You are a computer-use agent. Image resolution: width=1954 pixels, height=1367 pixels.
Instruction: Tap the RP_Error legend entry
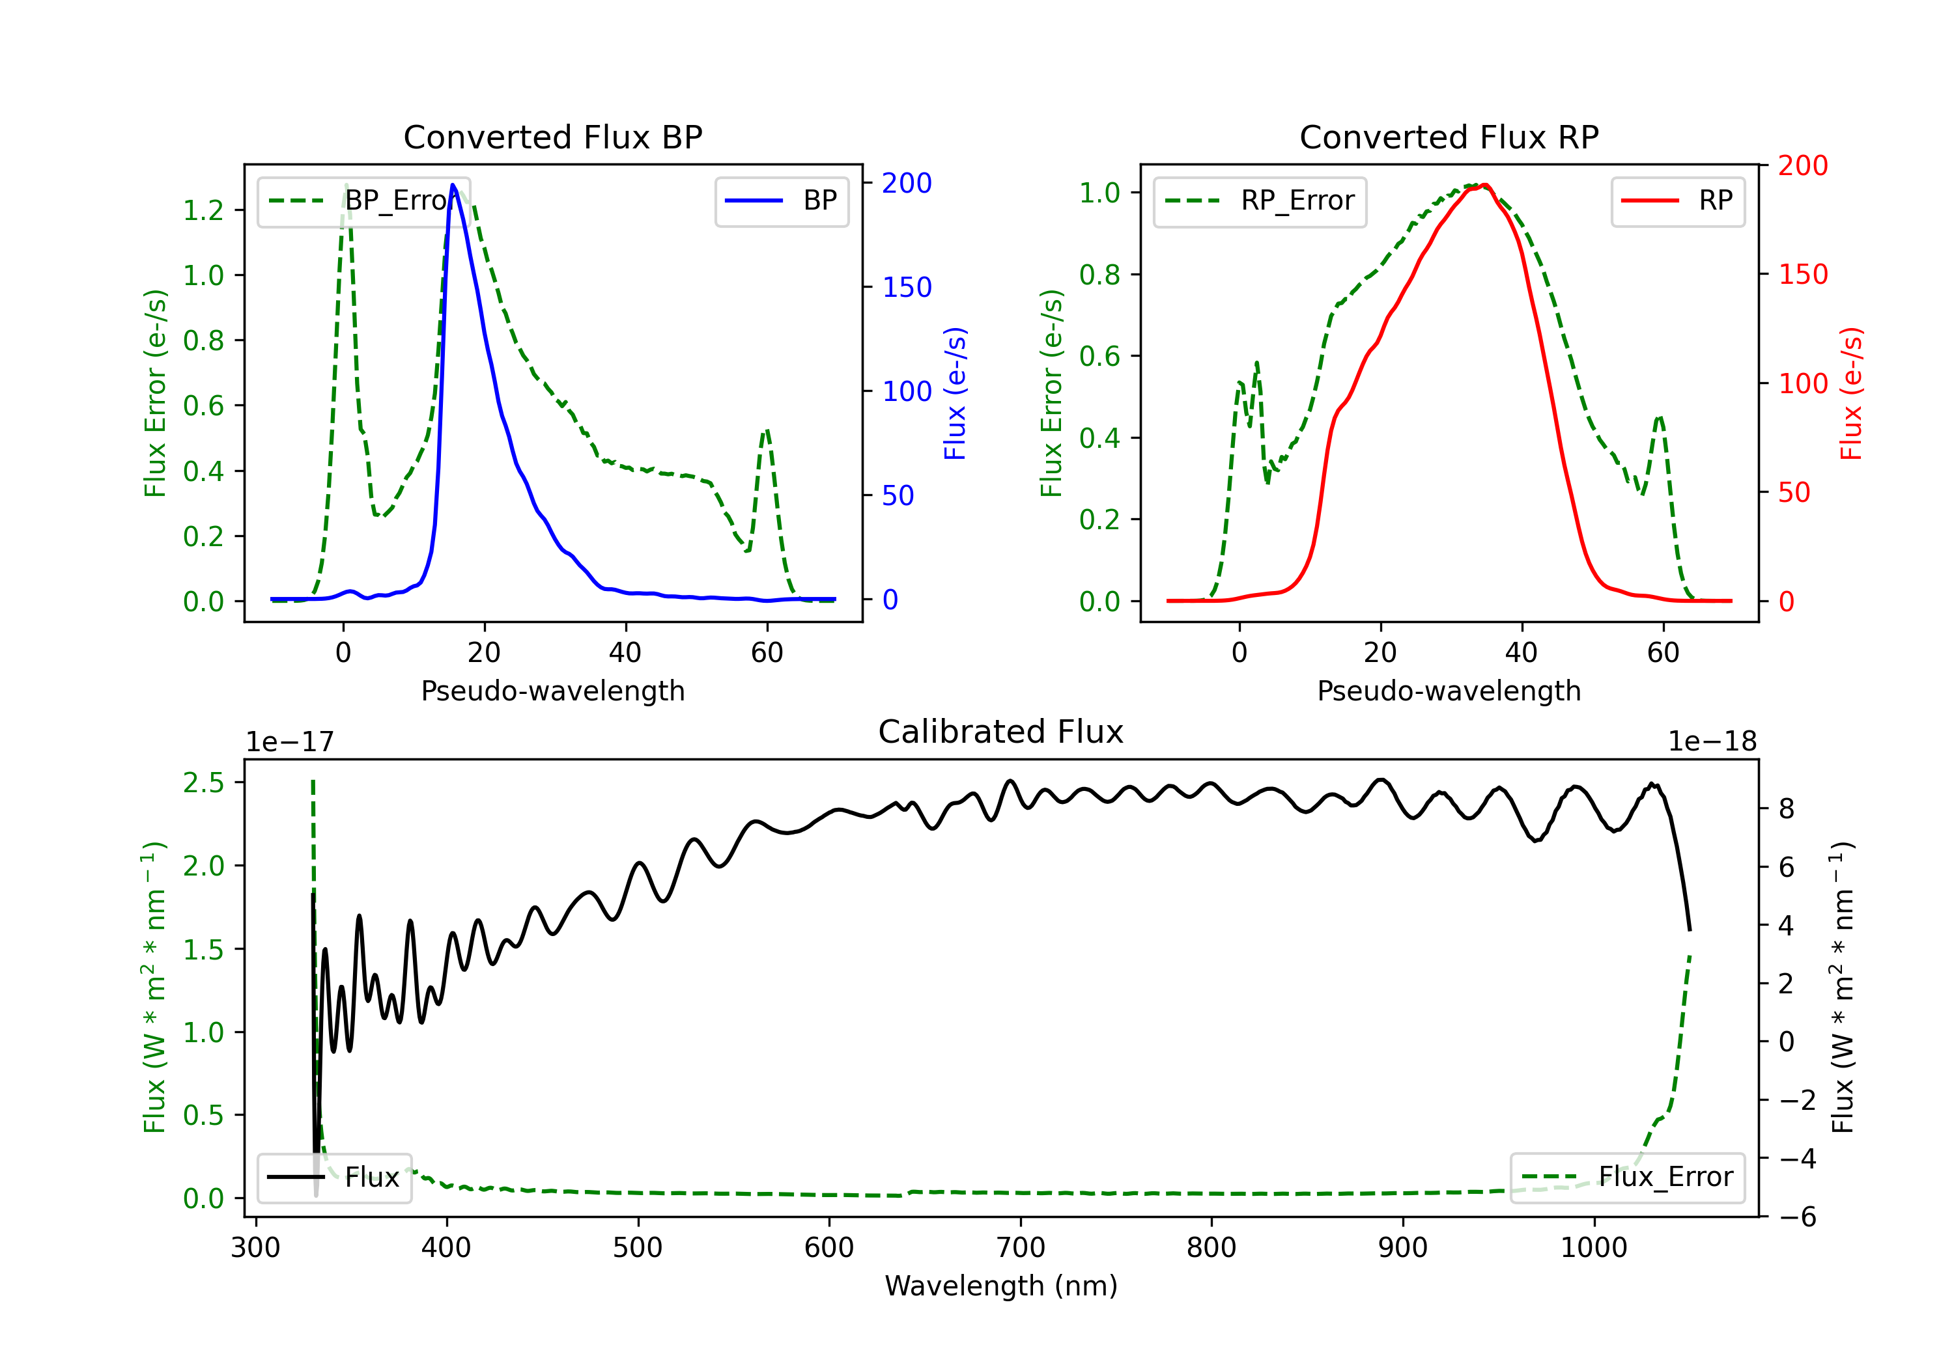tap(1260, 202)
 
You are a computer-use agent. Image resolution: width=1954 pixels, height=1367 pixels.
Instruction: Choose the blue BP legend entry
tap(781, 202)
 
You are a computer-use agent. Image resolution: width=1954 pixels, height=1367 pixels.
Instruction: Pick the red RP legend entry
tap(1677, 202)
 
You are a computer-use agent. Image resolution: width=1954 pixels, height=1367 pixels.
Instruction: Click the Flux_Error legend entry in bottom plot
tap(1627, 1178)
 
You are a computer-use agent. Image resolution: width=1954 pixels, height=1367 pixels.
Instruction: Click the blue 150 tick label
tap(907, 288)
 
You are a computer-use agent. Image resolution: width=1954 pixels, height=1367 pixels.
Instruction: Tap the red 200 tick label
tap(1802, 166)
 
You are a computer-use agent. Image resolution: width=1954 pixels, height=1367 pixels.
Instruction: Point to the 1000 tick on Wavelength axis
tap(1593, 1248)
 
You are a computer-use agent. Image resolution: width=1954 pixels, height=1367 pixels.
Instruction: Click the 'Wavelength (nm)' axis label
tap(1001, 1286)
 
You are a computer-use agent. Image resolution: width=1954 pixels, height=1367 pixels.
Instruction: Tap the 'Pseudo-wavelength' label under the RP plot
tap(1449, 691)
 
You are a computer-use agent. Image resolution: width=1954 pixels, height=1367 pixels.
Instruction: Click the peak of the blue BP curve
tap(453, 185)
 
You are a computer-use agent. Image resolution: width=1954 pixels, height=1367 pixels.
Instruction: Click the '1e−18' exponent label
tap(1712, 742)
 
